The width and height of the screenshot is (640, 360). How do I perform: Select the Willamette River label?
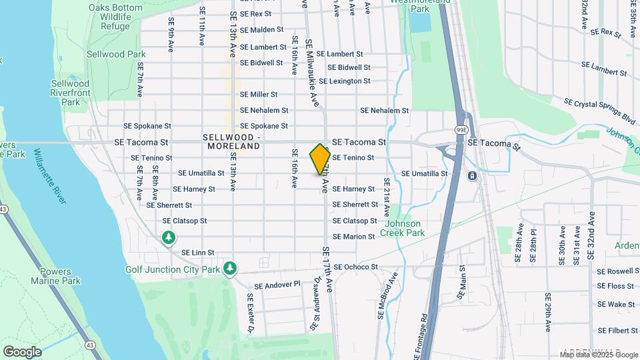tap(48, 186)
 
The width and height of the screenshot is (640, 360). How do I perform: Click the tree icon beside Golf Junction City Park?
tap(230, 268)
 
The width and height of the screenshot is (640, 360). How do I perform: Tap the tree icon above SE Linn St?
tap(169, 237)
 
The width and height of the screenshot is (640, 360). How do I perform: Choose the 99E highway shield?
tap(461, 129)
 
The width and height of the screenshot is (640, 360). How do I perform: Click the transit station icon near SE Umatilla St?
tap(472, 175)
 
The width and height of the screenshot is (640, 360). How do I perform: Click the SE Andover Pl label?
tap(273, 285)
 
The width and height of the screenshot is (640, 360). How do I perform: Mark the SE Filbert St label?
tap(617, 330)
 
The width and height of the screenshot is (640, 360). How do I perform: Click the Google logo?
tap(22, 351)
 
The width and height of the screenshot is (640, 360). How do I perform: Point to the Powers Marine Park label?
tap(56, 276)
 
